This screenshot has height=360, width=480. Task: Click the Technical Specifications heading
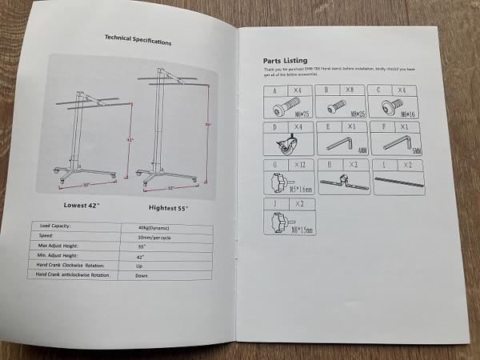137,38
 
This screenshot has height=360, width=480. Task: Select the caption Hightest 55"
173,208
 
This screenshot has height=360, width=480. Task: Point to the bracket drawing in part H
341,183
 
